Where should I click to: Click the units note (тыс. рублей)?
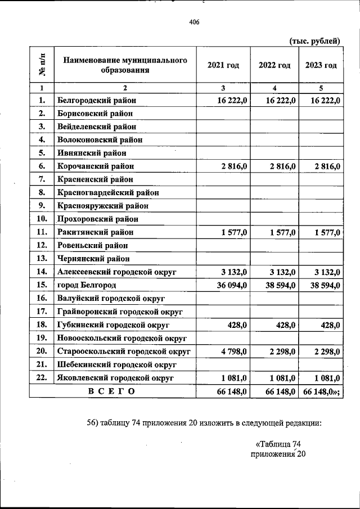click(315, 40)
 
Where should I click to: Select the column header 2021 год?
click(223, 65)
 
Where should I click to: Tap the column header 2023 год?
click(321, 65)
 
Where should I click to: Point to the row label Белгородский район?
click(97, 100)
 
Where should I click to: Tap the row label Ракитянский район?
click(95, 232)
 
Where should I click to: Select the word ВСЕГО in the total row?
click(111, 391)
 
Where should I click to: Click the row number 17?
click(41, 312)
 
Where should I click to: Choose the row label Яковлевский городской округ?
click(116, 378)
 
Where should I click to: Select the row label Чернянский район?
click(93, 259)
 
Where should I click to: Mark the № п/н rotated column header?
click(41, 65)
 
